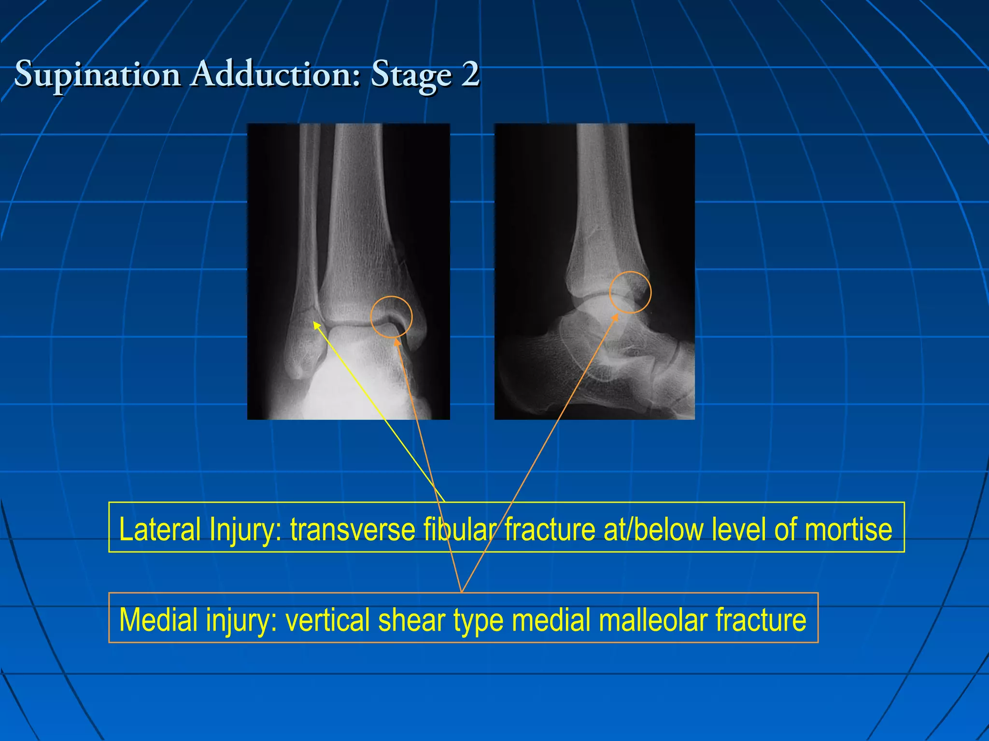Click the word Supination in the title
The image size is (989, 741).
(x=97, y=75)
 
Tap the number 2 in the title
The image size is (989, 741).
(x=469, y=75)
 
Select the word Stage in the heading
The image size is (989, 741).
(x=411, y=75)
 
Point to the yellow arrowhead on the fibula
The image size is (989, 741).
(x=317, y=326)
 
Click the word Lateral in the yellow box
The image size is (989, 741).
(x=159, y=529)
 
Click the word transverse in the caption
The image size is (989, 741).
(x=353, y=529)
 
